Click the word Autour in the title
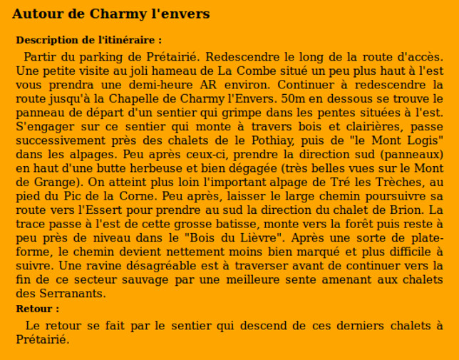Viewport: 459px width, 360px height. coord(34,14)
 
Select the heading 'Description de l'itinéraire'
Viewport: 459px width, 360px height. coord(88,41)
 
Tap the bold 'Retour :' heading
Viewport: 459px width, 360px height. coord(37,309)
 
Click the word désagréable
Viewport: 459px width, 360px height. coord(117,265)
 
